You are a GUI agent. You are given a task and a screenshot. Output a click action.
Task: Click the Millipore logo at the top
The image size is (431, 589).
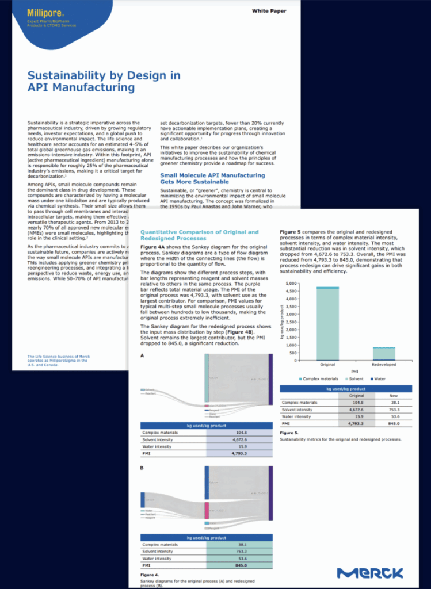pyautogui.click(x=41, y=11)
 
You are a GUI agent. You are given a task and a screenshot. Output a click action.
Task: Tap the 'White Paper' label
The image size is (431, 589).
pyautogui.click(x=269, y=11)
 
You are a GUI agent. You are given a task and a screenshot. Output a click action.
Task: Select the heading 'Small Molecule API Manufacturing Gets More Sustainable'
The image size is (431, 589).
pyautogui.click(x=212, y=178)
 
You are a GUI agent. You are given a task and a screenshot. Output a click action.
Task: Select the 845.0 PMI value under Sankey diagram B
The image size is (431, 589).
pyautogui.click(x=237, y=565)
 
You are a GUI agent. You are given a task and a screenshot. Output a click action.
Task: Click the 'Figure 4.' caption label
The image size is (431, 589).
pyautogui.click(x=150, y=575)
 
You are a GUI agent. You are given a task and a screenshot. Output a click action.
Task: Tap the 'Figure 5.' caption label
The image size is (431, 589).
pyautogui.click(x=289, y=432)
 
